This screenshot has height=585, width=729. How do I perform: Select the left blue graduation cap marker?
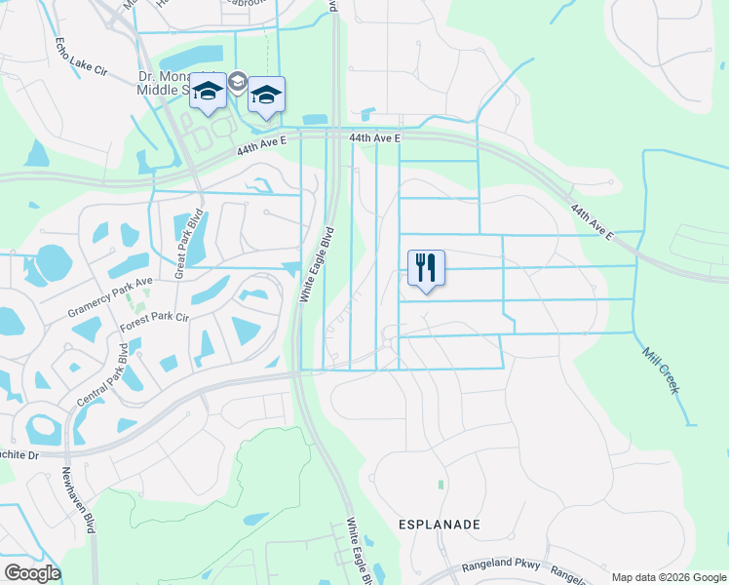(x=207, y=92)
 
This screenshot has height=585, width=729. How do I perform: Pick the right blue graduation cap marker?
(x=266, y=96)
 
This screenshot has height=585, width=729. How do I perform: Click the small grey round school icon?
(x=237, y=85)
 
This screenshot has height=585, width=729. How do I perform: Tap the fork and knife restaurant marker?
(x=426, y=268)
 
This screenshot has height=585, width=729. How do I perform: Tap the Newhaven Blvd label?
(x=78, y=499)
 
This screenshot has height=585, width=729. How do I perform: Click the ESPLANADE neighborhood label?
(x=440, y=525)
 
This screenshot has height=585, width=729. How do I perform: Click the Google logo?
(x=32, y=573)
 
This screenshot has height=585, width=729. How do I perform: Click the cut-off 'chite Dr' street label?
(x=19, y=454)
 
